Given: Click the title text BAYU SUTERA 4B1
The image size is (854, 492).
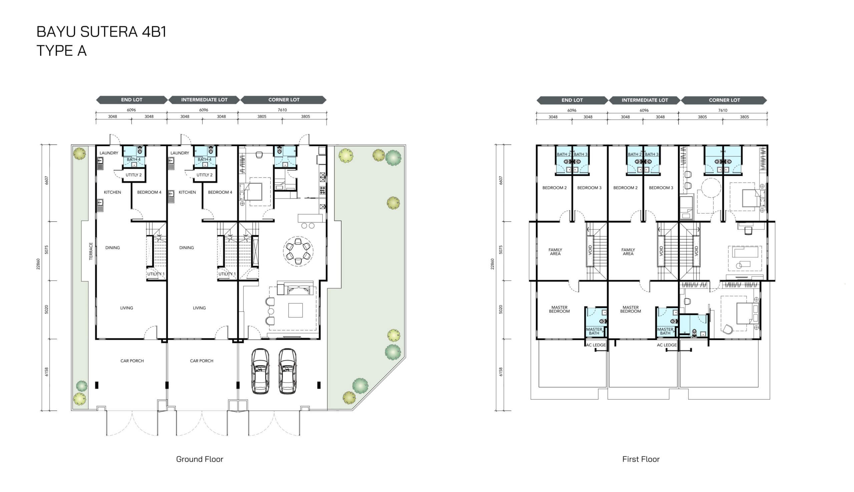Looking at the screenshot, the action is pyautogui.click(x=101, y=32).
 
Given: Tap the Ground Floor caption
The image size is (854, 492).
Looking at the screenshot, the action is pyautogui.click(x=199, y=459).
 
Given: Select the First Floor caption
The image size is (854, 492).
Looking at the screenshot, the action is pyautogui.click(x=641, y=459).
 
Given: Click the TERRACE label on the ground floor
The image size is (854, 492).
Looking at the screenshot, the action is pyautogui.click(x=91, y=251).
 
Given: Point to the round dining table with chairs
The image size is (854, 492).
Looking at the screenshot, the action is pyautogui.click(x=298, y=251).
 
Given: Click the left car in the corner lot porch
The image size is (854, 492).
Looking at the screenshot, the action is pyautogui.click(x=260, y=371).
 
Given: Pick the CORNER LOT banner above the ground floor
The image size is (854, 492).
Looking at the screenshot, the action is pyautogui.click(x=284, y=100).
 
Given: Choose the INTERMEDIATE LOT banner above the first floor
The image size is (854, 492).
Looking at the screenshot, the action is pyautogui.click(x=645, y=100).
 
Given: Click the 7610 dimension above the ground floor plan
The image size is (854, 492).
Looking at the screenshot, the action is pyautogui.click(x=282, y=110).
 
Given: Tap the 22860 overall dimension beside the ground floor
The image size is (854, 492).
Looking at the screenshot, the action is pyautogui.click(x=38, y=264).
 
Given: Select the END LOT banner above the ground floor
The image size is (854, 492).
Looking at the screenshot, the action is pyautogui.click(x=131, y=100).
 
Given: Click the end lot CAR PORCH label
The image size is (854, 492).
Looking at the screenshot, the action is pyautogui.click(x=132, y=361).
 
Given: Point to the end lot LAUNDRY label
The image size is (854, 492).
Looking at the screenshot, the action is pyautogui.click(x=109, y=153).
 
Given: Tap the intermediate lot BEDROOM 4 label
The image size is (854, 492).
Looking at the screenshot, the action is pyautogui.click(x=220, y=192).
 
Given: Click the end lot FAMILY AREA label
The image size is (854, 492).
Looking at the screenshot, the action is pyautogui.click(x=555, y=252).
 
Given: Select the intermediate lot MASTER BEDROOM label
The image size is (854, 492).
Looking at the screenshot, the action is pyautogui.click(x=630, y=309).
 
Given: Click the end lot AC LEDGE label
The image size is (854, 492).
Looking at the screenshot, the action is pyautogui.click(x=596, y=345).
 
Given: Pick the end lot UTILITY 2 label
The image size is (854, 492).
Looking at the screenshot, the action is pyautogui.click(x=133, y=175).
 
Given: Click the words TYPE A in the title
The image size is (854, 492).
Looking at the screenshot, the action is pyautogui.click(x=61, y=51).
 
